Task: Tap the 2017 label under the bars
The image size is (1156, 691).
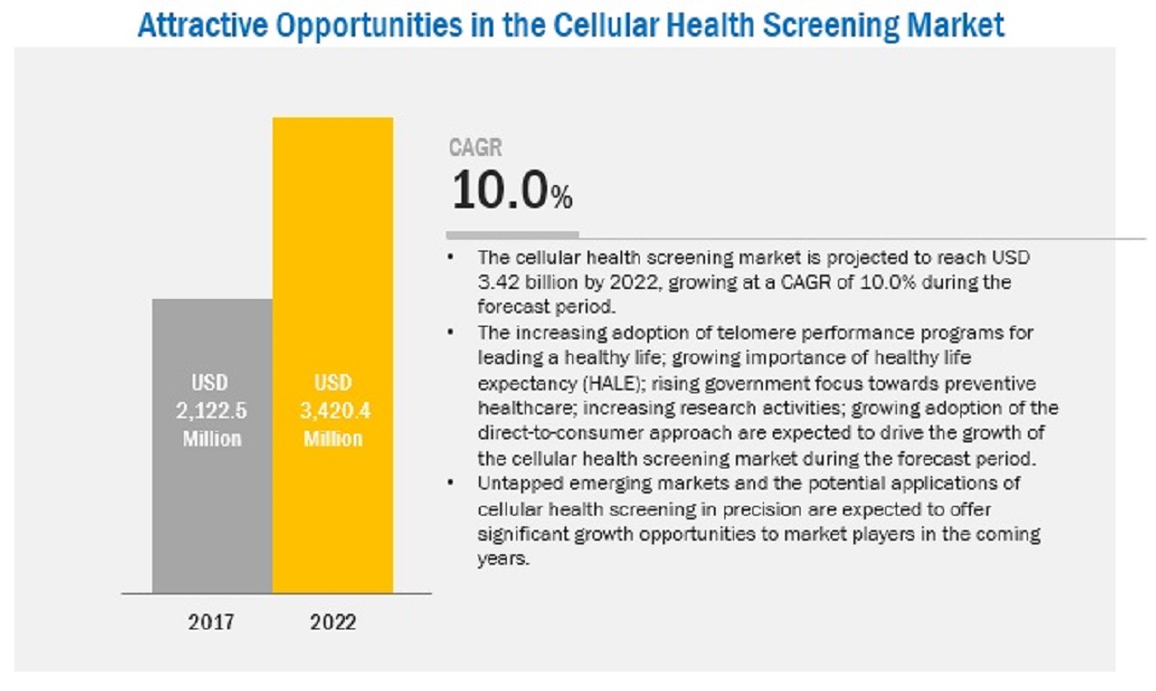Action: pos(212,622)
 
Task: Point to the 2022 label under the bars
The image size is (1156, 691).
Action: pos(332,622)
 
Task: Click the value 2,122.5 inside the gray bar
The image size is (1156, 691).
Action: pos(212,410)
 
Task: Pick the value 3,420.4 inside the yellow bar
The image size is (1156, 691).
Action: pos(332,410)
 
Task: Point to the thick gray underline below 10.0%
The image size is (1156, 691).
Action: pos(512,234)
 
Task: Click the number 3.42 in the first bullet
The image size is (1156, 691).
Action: pos(496,282)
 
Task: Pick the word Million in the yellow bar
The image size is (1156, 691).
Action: pos(332,439)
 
